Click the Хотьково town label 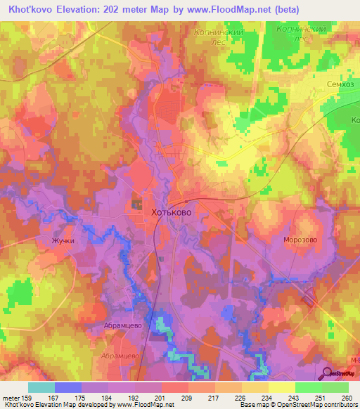(172, 211)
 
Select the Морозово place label (300, 240)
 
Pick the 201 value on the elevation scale (160, 398)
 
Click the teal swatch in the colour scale (41, 387)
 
